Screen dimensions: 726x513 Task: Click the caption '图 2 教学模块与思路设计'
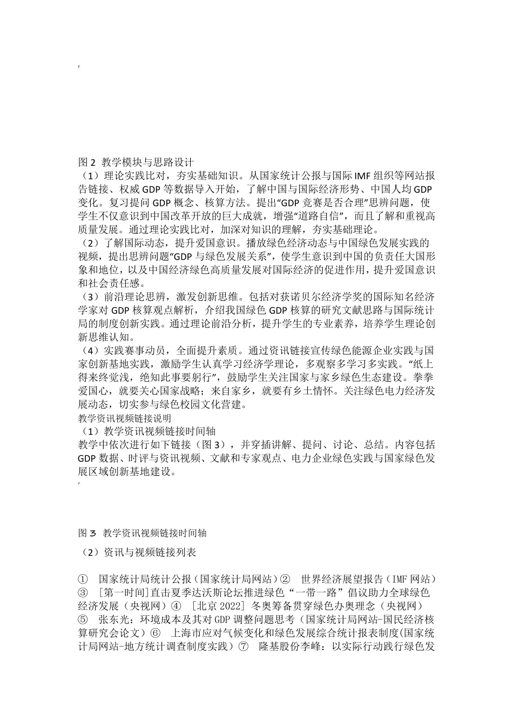coord(136,162)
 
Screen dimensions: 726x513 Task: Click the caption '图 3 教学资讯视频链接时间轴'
coord(142,533)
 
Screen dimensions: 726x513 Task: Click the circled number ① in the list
coord(83,579)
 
